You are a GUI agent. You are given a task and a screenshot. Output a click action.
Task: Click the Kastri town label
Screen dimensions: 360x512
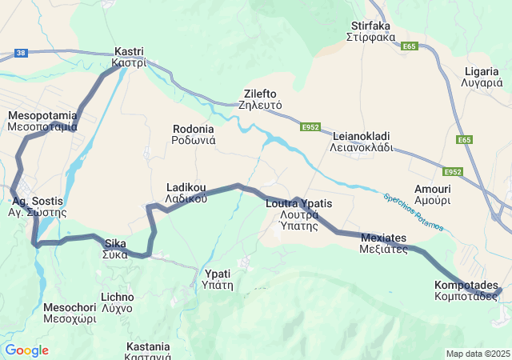click(128, 57)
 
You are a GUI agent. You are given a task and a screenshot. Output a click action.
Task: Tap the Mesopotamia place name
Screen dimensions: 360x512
click(42, 121)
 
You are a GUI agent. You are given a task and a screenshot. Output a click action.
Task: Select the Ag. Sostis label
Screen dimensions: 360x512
click(37, 207)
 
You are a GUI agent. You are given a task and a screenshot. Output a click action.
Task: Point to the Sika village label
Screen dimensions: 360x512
click(114, 249)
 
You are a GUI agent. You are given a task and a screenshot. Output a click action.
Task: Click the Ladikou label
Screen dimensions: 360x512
click(186, 193)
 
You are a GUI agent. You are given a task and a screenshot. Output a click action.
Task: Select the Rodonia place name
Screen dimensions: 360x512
click(193, 134)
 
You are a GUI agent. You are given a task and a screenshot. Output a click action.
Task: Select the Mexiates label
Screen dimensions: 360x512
click(383, 243)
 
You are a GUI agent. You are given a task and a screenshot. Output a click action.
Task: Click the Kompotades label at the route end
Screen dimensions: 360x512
click(466, 290)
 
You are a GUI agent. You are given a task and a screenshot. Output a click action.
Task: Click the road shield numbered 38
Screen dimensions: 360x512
click(21, 54)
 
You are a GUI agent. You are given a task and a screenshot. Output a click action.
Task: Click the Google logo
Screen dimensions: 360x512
click(26, 350)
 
